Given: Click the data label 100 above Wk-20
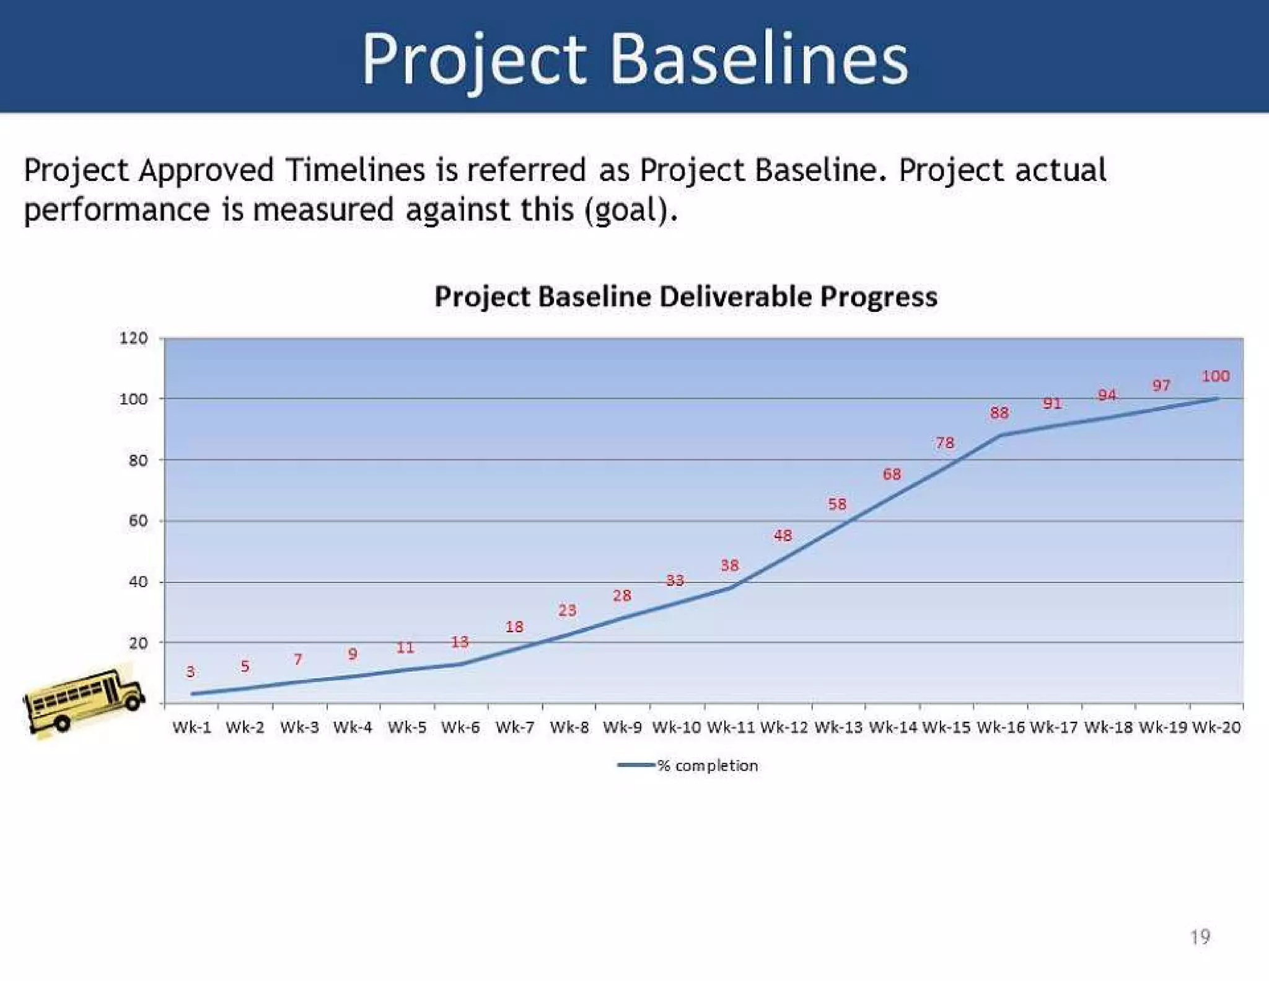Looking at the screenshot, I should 1215,376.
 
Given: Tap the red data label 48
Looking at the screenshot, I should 783,535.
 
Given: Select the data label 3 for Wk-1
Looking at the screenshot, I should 190,672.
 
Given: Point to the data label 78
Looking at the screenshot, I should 945,443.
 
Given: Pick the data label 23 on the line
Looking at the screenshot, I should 567,611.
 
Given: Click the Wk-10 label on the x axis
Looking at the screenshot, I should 676,727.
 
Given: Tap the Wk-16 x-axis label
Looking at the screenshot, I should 1000,727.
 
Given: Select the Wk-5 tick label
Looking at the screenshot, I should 406,727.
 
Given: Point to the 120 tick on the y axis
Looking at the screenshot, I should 134,339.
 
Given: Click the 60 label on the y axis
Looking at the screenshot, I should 138,521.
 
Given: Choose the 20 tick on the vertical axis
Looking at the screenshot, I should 138,644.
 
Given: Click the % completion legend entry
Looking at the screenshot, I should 706,766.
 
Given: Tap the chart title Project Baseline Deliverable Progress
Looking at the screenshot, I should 685,296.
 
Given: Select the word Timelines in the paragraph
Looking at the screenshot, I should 355,170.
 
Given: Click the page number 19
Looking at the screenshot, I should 1200,936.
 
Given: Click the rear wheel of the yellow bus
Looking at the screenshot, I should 62,723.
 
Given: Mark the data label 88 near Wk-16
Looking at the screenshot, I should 999,413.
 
